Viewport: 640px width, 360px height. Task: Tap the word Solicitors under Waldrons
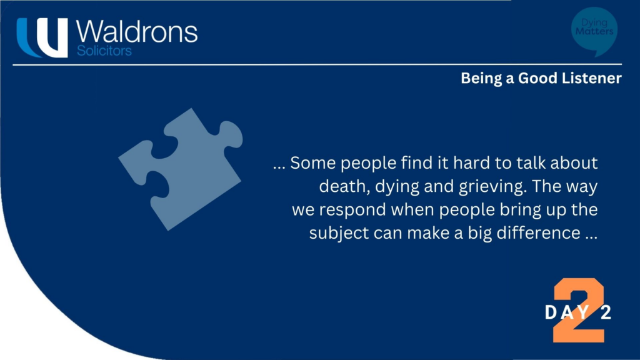[x=104, y=51]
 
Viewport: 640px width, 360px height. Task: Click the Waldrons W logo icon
[x=42, y=37]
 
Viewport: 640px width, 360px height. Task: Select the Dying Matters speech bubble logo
[x=594, y=31]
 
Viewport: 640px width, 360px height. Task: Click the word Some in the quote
[x=313, y=163]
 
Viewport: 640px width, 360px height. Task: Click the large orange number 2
[x=579, y=310]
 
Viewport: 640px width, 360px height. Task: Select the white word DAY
[x=567, y=312]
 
